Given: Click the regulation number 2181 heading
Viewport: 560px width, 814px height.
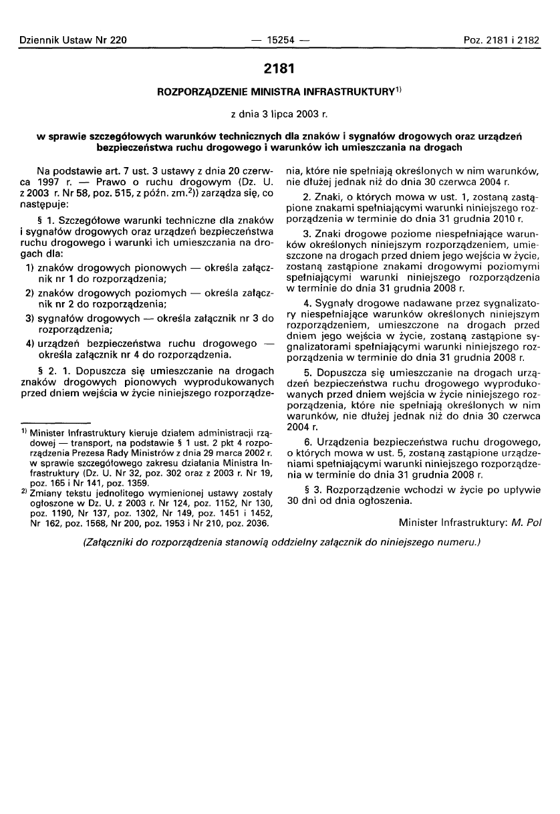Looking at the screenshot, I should pos(279,68).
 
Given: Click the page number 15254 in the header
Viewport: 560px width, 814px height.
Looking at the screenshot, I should pos(279,41).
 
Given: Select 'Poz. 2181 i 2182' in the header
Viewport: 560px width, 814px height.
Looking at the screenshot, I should pos(501,41).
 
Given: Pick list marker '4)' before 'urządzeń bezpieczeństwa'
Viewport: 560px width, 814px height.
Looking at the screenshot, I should pos(29,342).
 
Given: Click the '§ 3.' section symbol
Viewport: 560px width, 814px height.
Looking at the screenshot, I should pos(309,489).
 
